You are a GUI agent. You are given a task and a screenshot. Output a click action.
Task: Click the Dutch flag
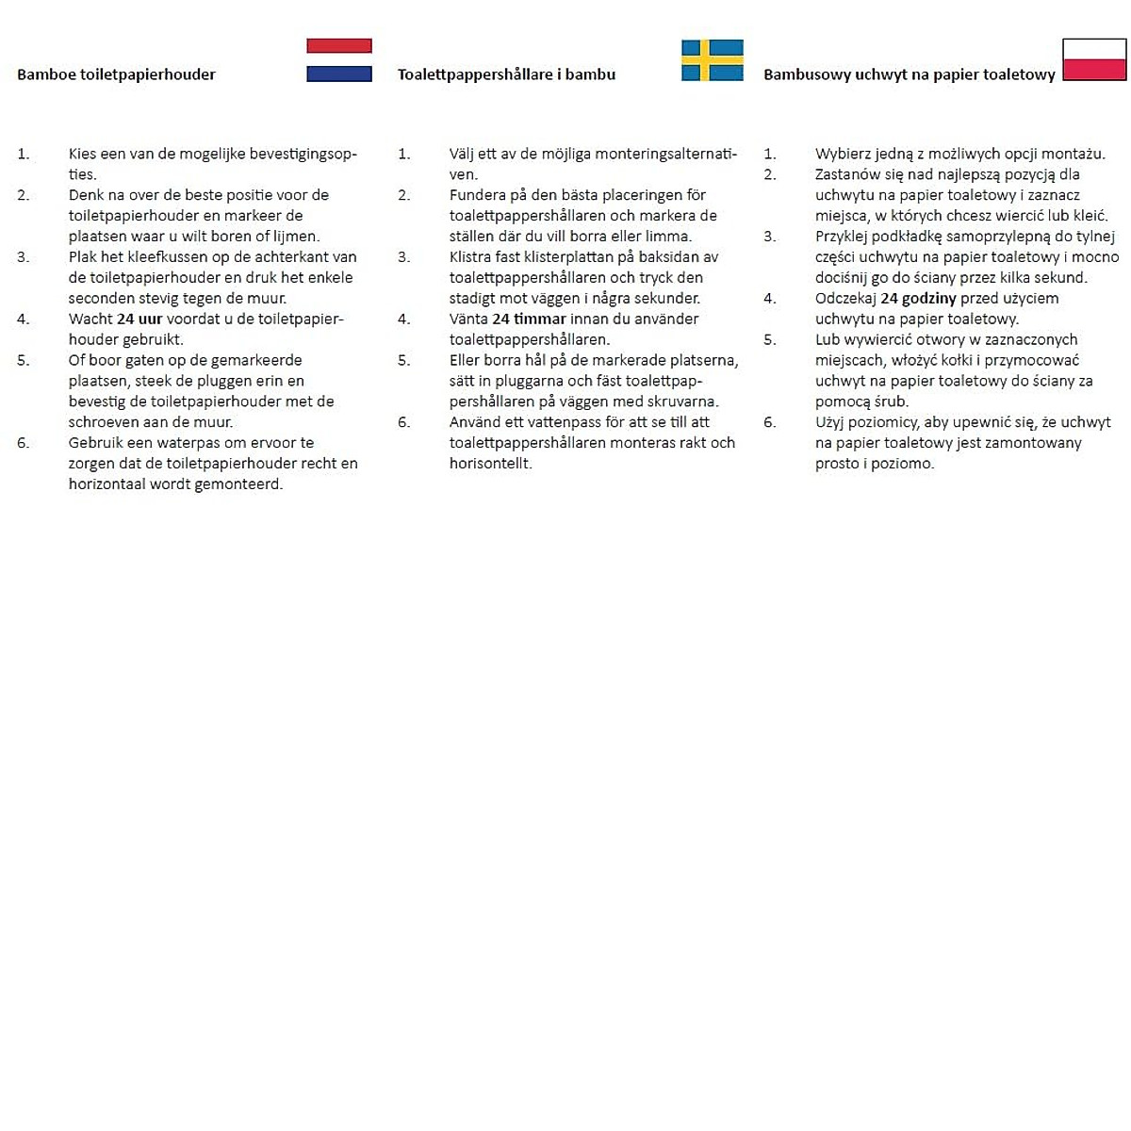[x=339, y=60]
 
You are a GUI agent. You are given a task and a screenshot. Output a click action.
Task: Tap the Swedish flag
[x=713, y=60]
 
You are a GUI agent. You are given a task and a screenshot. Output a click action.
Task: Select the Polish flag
[x=1094, y=59]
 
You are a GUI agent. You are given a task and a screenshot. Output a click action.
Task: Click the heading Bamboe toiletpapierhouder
[x=116, y=74]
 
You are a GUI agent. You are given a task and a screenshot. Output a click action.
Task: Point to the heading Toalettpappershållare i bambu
[x=506, y=74]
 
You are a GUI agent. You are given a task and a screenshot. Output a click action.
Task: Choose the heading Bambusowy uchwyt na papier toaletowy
[x=909, y=74]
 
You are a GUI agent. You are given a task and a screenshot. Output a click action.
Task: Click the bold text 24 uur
[x=139, y=319]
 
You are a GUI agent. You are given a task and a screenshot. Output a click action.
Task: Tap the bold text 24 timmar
[x=529, y=319]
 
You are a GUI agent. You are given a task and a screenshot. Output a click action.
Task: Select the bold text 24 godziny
[x=918, y=298]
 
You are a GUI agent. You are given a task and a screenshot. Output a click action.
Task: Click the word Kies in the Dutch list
[x=82, y=154]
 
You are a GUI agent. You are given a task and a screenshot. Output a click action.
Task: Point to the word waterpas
[x=188, y=442]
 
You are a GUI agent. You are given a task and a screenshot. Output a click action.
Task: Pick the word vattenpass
[x=563, y=422]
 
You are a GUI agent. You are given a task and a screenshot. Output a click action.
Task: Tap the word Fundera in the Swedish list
[x=478, y=195]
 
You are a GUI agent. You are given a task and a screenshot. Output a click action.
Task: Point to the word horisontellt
[x=490, y=463]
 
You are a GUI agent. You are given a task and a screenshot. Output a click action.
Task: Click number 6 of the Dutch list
[x=24, y=442]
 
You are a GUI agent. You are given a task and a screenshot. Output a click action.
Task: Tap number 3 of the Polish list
[x=770, y=237]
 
